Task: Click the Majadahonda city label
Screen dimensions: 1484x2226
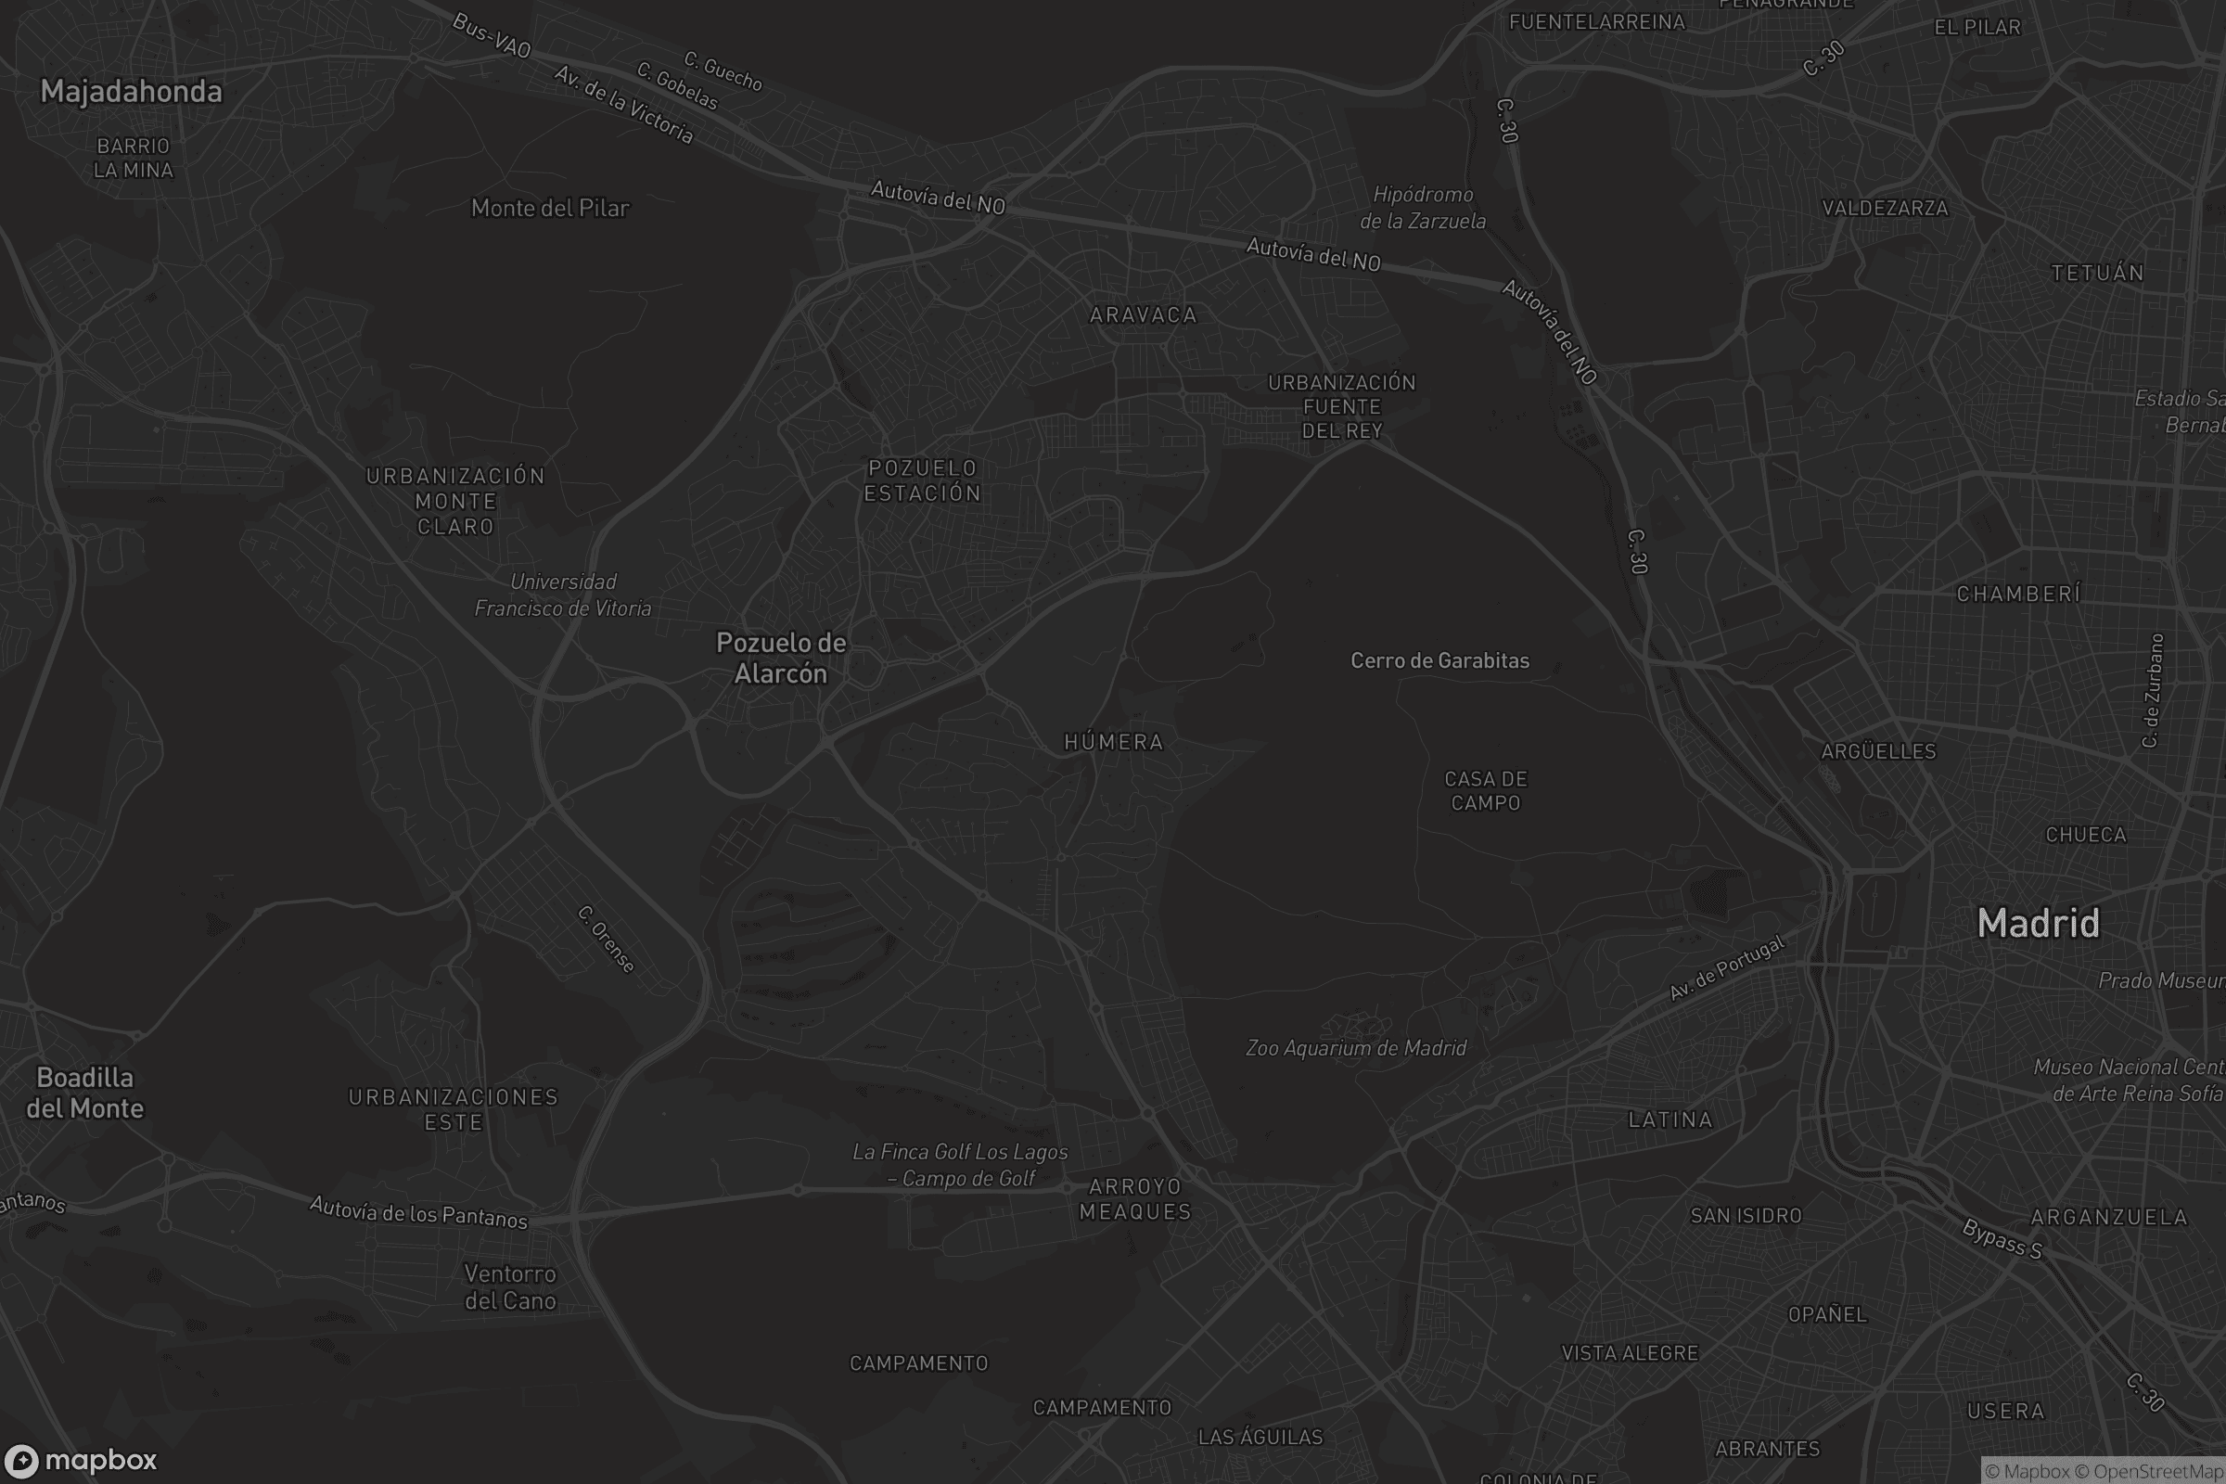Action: pos(132,92)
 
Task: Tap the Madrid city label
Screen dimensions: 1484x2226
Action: pos(2038,923)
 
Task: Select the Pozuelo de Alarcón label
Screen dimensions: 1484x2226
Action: pos(781,658)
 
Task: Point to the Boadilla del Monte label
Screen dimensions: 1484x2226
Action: pos(85,1093)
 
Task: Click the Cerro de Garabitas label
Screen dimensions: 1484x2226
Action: pos(1439,660)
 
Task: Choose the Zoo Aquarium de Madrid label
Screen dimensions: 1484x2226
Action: pos(1355,1048)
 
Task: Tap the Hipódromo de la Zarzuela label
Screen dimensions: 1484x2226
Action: pos(1423,207)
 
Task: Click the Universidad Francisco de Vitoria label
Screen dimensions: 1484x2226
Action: pos(563,595)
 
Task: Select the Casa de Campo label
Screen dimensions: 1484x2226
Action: pos(1486,790)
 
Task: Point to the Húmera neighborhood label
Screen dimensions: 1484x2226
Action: pos(1114,742)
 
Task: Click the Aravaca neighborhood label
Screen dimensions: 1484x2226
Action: pos(1144,315)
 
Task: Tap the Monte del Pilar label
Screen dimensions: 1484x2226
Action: pos(550,208)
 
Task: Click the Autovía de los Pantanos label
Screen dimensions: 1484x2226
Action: pos(418,1212)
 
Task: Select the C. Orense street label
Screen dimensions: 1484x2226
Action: pos(606,939)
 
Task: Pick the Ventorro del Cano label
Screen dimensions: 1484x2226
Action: pos(510,1287)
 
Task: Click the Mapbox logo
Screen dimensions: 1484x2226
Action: pos(80,1460)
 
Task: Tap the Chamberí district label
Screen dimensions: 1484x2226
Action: pos(2018,595)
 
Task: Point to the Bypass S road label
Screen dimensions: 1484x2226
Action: pos(2002,1238)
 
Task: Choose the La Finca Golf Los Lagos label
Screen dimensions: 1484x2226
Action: pos(960,1164)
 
